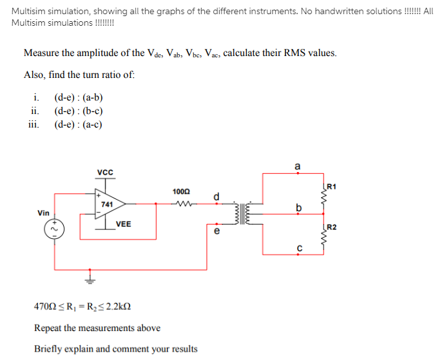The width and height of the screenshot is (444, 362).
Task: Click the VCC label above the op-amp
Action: [x=105, y=172]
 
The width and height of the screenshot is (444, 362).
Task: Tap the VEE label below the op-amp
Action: [x=124, y=224]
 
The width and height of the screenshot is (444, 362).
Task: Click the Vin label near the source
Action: [x=44, y=212]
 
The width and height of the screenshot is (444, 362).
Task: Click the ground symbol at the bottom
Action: [x=91, y=279]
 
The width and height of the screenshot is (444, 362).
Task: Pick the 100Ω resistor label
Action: [x=181, y=191]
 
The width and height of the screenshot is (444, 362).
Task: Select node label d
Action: [x=217, y=196]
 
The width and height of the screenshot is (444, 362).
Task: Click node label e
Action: [x=217, y=230]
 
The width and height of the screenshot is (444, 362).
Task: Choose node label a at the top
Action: [x=297, y=166]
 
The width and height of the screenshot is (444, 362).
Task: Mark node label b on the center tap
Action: [x=297, y=207]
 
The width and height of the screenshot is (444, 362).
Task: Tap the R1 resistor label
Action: [x=331, y=187]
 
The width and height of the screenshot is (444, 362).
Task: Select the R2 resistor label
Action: [x=331, y=227]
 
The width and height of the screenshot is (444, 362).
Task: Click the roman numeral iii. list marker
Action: [x=34, y=124]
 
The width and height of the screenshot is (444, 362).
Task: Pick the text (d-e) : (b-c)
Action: [x=79, y=111]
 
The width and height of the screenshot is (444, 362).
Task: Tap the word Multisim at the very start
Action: [x=29, y=12]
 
